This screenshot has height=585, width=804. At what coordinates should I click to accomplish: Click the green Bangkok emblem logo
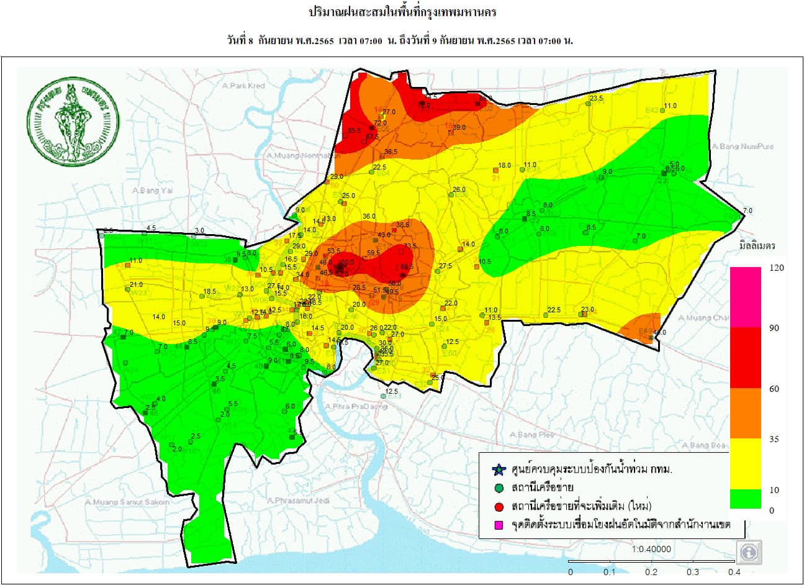73,119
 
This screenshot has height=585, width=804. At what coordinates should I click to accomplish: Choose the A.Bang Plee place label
531,435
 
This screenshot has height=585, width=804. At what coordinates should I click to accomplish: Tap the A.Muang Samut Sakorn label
127,502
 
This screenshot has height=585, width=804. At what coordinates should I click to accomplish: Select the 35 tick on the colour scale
774,439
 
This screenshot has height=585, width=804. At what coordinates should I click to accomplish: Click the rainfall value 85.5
355,130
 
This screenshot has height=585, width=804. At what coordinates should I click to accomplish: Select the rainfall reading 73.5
410,246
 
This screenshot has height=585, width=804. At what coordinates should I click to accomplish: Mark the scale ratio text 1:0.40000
651,550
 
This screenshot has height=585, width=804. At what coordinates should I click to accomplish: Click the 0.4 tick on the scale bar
734,572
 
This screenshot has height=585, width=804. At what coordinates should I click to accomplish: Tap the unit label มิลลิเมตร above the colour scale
757,245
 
